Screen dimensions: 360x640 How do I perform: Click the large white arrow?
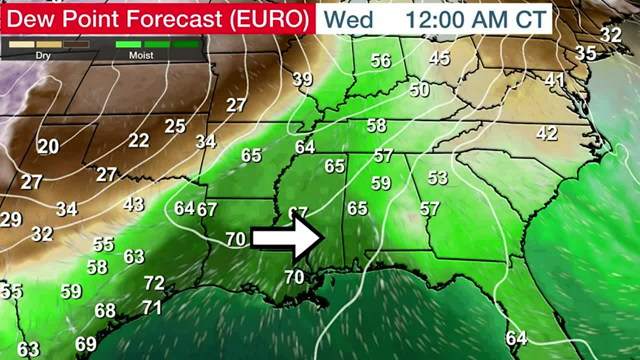286,238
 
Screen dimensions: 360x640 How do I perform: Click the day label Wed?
348,19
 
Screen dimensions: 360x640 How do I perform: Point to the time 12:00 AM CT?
475,19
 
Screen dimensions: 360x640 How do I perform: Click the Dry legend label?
43,55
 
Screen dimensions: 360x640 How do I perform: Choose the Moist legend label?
141,55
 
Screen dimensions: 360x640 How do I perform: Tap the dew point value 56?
380,61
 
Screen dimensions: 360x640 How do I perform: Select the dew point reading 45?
439,58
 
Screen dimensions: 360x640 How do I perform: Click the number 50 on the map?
419,90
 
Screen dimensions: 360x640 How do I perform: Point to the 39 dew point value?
302,79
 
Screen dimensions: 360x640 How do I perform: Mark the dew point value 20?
48,146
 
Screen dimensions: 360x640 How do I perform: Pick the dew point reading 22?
138,140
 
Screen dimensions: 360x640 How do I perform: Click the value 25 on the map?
175,126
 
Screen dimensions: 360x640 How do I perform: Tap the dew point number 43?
133,204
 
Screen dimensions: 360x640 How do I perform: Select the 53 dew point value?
437,177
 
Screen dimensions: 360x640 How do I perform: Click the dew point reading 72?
154,283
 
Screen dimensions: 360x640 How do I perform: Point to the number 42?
546,133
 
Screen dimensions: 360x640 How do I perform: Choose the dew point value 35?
585,52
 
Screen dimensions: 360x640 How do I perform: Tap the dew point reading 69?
85,344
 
